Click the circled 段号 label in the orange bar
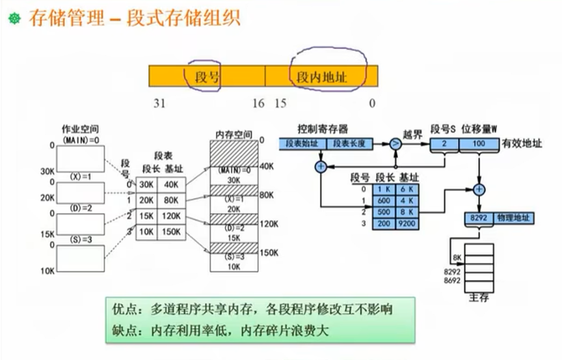point(207,77)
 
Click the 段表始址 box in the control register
point(303,143)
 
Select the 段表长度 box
point(350,143)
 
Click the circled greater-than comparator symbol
point(395,144)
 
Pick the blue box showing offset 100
point(479,143)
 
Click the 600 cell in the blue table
point(383,201)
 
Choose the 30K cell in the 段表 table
point(147,184)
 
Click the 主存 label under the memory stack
point(479,298)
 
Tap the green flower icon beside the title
point(14,19)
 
